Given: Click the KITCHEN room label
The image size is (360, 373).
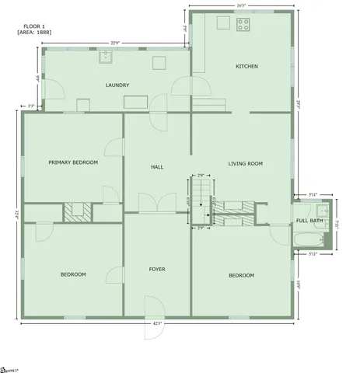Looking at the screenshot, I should pyautogui.click(x=246, y=66).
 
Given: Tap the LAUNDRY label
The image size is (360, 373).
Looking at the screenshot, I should pyautogui.click(x=117, y=85).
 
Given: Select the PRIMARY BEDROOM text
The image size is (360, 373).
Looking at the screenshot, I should pyautogui.click(x=73, y=162).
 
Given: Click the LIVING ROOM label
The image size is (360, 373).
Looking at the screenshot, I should pyautogui.click(x=245, y=164).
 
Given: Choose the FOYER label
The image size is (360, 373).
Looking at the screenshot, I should pyautogui.click(x=157, y=269).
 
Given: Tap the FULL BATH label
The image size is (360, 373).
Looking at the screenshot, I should pyautogui.click(x=309, y=221).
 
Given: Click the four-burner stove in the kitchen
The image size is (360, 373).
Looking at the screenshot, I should pyautogui.click(x=243, y=23).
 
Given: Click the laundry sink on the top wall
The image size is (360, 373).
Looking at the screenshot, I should pyautogui.click(x=107, y=57).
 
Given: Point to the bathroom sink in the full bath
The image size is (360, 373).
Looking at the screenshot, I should pyautogui.click(x=324, y=209).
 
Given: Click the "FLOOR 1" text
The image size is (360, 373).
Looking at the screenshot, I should pyautogui.click(x=33, y=26).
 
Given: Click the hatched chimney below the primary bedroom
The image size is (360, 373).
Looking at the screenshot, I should pyautogui.click(x=78, y=211).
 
